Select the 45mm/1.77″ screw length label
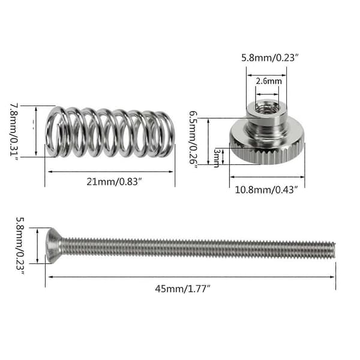click(x=183, y=289)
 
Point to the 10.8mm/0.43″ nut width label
click(x=266, y=190)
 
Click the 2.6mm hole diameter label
click(x=269, y=81)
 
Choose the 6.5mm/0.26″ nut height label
click(x=193, y=140)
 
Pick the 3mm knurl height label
click(x=217, y=158)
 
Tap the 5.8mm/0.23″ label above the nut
click(x=270, y=58)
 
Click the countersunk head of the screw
click(x=53, y=246)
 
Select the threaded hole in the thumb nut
click(x=268, y=107)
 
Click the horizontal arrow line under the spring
click(x=110, y=172)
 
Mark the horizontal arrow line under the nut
click(x=267, y=177)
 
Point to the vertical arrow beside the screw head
click(x=37, y=245)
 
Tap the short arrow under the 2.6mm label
click(x=267, y=94)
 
